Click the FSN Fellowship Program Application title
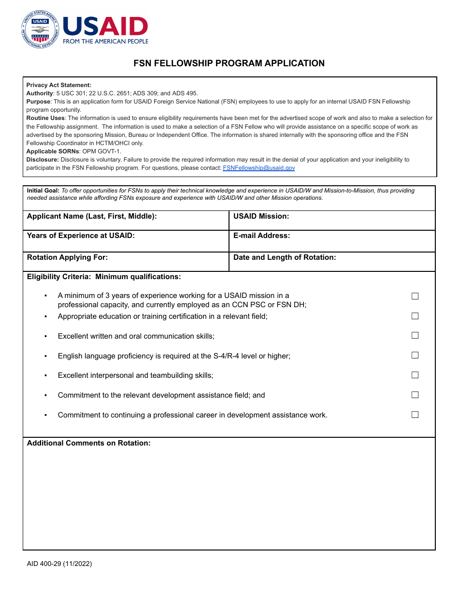(x=229, y=63)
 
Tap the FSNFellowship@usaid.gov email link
(x=258, y=168)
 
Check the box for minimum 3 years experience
(x=415, y=296)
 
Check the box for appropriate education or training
(x=415, y=316)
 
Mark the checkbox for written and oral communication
(x=415, y=335)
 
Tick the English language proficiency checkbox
(x=415, y=355)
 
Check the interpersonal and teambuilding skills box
(x=415, y=375)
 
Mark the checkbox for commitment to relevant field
(x=415, y=395)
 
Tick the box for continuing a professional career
(x=415, y=415)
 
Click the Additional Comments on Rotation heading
(x=89, y=443)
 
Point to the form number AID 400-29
(x=59, y=564)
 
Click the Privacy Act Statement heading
(x=58, y=85)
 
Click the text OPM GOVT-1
(x=101, y=151)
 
